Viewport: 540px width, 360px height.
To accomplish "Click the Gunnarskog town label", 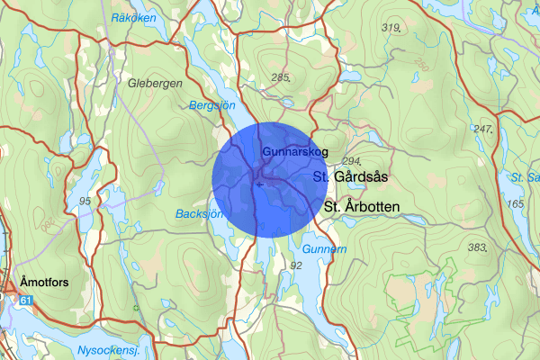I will click(290, 152).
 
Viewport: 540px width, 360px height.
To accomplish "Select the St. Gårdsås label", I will click(349, 177).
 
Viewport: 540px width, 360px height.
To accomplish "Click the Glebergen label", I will click(155, 84).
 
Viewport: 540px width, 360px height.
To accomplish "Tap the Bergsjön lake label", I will click(211, 105).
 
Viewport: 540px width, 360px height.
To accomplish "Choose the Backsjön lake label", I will click(200, 214).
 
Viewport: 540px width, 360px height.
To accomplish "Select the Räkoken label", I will click(132, 18).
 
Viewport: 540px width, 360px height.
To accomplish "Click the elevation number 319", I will click(391, 28).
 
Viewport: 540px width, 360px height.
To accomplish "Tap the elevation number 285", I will click(281, 77).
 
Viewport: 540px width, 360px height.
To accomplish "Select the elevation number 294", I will click(352, 160).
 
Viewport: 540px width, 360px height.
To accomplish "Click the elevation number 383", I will click(478, 247).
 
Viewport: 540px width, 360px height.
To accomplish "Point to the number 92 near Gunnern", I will click(296, 265).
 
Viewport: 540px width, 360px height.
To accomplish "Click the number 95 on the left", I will click(85, 200).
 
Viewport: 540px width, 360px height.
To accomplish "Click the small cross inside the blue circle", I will click(259, 184).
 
